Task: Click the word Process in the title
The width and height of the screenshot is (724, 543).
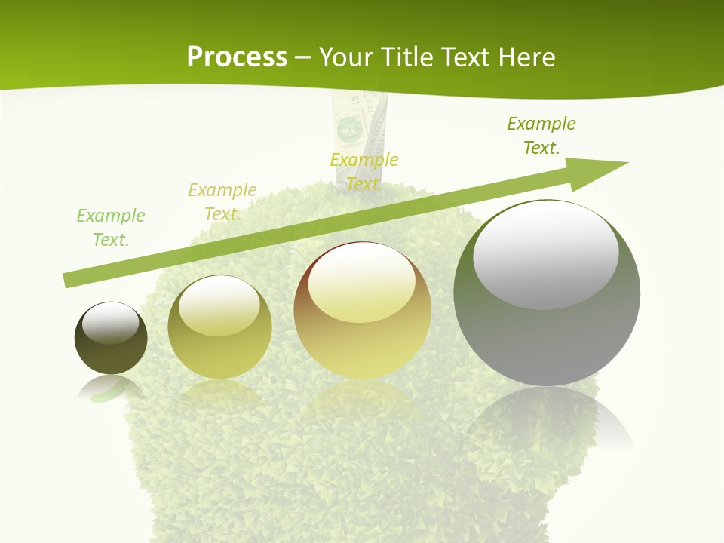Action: tap(237, 57)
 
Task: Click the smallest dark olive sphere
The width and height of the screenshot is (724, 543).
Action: tap(111, 339)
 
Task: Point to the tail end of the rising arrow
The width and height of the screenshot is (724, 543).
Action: tap(68, 280)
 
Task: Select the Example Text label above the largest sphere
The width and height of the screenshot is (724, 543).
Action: tap(541, 136)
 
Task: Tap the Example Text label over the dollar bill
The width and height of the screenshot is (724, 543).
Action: tap(364, 172)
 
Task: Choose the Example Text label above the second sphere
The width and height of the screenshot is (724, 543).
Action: tap(222, 202)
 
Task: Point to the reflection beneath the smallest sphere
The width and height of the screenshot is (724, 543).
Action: tap(109, 388)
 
